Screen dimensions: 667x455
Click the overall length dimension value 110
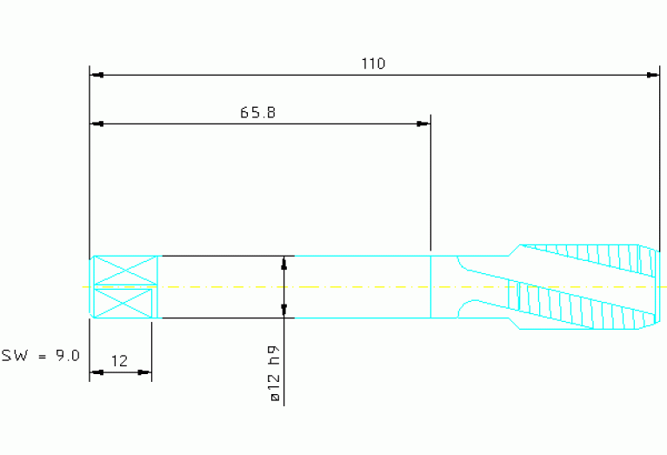(x=373, y=64)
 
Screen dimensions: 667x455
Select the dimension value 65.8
(x=257, y=112)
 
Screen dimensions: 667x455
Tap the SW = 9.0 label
(x=40, y=356)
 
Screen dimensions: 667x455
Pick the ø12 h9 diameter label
(x=275, y=374)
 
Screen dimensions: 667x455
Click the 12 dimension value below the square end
(x=119, y=361)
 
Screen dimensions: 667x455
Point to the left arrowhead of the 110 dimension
(x=97, y=75)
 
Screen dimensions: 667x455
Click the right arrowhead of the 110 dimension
(x=652, y=75)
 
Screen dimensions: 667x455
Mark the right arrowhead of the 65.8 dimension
(x=423, y=124)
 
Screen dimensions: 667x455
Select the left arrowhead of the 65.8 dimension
(x=97, y=124)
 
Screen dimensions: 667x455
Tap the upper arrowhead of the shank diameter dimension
(x=284, y=263)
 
